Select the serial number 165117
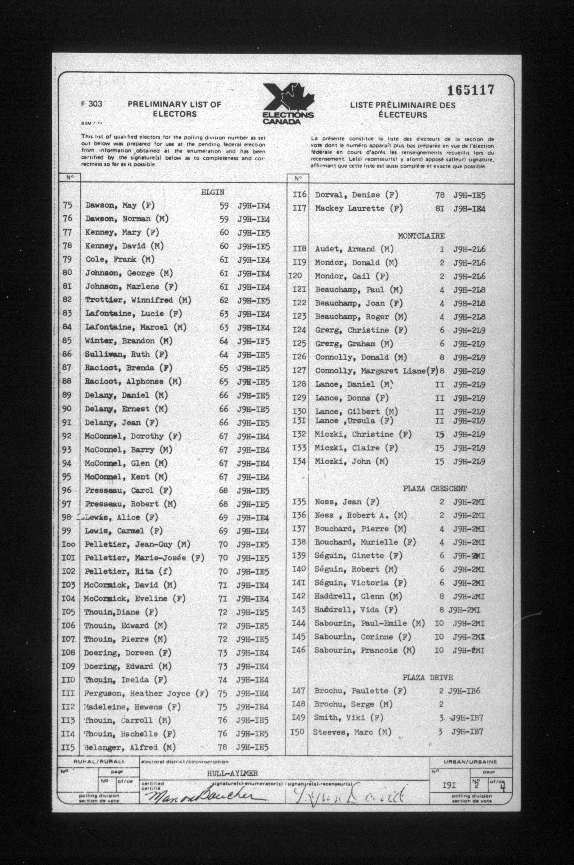pyautogui.click(x=470, y=90)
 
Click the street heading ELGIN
pyautogui.click(x=213, y=192)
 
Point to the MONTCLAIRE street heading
pyautogui.click(x=421, y=236)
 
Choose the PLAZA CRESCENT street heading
pyautogui.click(x=435, y=488)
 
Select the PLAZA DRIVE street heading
pyautogui.click(x=428, y=678)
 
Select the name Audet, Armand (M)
pyautogui.click(x=354, y=249)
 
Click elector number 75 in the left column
pyautogui.click(x=68, y=205)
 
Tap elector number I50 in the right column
pyautogui.click(x=297, y=732)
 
